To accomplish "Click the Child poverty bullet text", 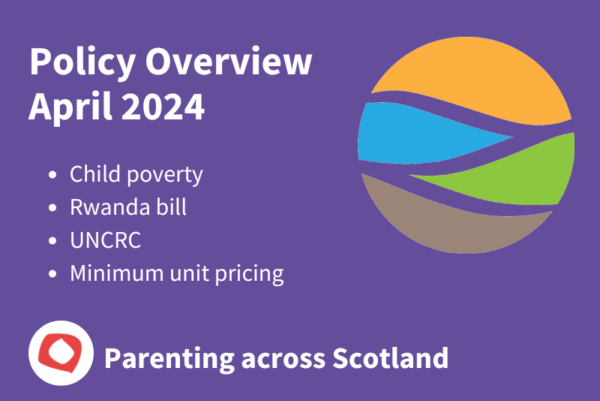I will [136, 175].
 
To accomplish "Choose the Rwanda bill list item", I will [128, 207].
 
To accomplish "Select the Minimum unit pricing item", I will [177, 273].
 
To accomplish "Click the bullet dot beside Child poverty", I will [52, 176].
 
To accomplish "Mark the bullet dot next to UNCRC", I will [52, 241].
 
